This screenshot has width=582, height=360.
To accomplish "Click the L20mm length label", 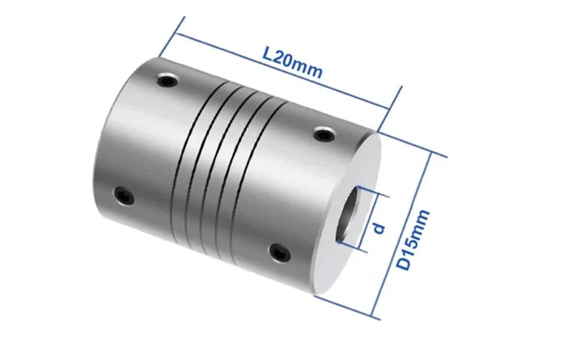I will point(292,62).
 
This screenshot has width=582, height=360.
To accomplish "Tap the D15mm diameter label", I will point(412,240).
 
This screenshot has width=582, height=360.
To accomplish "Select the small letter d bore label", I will point(380,228).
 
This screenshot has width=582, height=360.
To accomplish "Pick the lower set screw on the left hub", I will point(124,196).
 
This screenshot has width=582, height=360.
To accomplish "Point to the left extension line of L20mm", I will point(172,37).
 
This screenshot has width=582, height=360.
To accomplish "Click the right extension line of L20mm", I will point(390,109).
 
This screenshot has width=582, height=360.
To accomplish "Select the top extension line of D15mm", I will point(412,144).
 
